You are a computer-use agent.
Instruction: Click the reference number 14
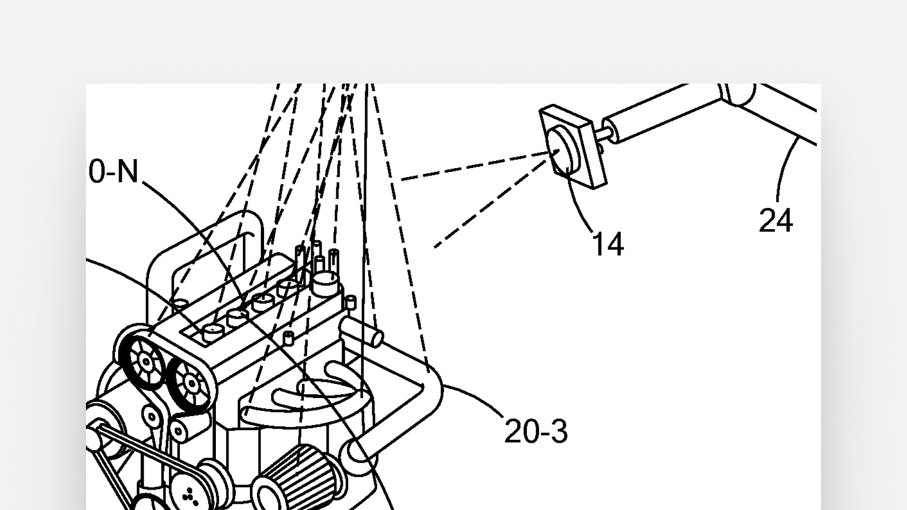[608, 245]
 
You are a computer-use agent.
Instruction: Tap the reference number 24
[775, 221]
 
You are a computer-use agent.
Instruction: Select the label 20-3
[536, 431]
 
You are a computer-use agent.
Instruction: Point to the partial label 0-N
[113, 171]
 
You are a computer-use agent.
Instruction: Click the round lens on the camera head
[562, 153]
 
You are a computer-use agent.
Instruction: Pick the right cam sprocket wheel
[191, 383]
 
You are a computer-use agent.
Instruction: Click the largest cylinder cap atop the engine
[326, 281]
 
